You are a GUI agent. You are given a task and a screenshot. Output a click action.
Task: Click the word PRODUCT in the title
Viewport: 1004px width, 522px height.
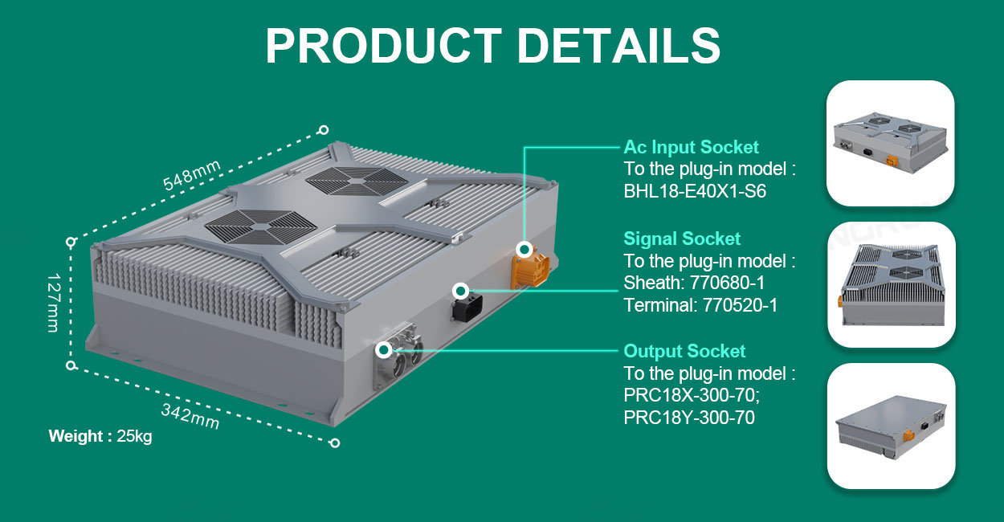384,45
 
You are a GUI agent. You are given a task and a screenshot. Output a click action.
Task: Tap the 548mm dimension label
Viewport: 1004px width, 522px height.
192,175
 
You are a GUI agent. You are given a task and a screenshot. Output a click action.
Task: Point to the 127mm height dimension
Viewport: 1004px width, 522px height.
53,303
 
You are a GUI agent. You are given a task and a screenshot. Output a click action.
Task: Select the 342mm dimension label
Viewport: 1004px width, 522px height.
190,416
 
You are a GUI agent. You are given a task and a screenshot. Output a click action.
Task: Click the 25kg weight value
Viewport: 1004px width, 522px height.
134,436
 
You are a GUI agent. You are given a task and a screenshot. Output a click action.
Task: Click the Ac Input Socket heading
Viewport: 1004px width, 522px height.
691,147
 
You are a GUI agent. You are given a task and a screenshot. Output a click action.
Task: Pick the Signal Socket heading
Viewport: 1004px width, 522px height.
682,239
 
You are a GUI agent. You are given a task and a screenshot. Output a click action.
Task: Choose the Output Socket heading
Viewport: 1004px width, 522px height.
684,351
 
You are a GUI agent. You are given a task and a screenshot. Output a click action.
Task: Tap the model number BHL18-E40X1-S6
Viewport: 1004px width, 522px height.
695,191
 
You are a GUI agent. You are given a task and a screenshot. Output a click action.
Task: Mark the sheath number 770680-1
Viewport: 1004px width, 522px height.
727,283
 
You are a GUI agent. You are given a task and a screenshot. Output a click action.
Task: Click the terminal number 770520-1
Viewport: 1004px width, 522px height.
740,305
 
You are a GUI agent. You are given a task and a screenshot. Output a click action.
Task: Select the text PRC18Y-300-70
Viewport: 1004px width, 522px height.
689,418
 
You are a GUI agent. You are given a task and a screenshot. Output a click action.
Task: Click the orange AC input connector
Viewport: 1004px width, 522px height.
530,270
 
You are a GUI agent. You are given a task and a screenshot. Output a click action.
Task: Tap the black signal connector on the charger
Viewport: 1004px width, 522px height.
467,307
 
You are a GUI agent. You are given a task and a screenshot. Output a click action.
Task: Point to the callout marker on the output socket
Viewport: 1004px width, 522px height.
384,349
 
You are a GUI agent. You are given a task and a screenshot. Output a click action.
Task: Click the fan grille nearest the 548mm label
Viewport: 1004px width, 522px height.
357,181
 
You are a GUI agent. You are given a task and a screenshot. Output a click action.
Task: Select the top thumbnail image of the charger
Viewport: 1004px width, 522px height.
890,144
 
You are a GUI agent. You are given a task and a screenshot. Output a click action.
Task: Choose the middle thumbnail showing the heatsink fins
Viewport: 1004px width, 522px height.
891,284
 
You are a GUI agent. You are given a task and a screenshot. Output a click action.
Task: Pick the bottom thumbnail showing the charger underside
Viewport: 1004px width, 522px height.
891,426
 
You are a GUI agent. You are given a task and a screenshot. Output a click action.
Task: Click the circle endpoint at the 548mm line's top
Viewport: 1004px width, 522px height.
324,130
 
